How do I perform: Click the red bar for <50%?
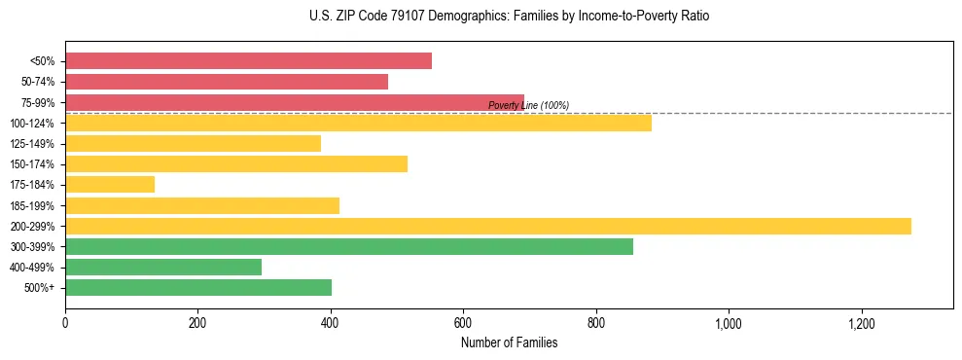click(x=248, y=61)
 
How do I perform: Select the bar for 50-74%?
click(x=227, y=82)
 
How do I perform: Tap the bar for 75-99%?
click(x=295, y=102)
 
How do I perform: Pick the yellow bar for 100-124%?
click(x=358, y=123)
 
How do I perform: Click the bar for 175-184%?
click(x=110, y=184)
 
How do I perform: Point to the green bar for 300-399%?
click(x=349, y=246)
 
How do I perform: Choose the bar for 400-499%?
click(x=163, y=267)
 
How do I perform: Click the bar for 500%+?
click(x=198, y=287)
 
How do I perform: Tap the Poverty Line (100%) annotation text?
click(x=528, y=105)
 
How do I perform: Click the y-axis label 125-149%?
click(x=32, y=144)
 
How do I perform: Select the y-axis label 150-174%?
click(x=32, y=164)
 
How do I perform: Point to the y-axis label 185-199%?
click(x=32, y=205)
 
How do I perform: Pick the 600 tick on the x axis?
click(x=463, y=323)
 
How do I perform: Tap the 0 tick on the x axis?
click(x=65, y=323)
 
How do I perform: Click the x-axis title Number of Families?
click(x=509, y=342)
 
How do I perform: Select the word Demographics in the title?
click(x=445, y=17)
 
